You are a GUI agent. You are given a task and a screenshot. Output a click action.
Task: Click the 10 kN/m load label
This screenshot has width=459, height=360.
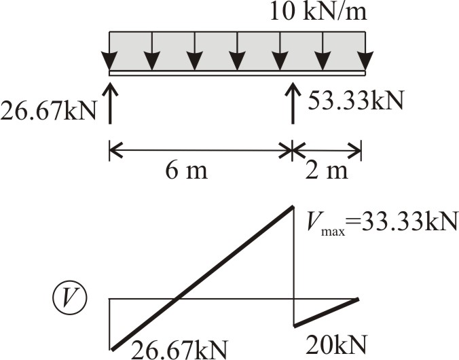pos(318,12)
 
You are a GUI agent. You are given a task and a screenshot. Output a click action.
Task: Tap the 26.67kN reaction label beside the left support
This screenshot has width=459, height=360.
pos(48,111)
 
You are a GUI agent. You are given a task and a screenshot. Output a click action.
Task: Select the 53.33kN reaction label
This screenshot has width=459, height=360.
pos(356,100)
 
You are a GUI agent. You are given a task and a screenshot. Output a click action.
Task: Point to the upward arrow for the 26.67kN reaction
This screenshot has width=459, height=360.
pos(110,103)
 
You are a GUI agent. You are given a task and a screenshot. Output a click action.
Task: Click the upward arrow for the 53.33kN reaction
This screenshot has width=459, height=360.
pos(293,103)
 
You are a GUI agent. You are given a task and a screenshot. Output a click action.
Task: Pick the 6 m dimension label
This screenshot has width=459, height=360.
pos(187,170)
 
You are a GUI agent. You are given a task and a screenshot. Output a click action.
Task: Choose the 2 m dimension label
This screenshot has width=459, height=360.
pos(327,170)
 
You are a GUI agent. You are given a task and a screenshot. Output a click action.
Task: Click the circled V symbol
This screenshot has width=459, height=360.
pos(70,298)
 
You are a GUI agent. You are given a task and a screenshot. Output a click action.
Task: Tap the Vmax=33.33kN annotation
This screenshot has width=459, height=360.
pos(381,222)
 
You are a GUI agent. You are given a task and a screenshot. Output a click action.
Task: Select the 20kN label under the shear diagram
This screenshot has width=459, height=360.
pos(336,344)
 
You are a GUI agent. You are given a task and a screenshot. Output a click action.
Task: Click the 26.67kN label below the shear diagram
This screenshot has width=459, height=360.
pos(179,350)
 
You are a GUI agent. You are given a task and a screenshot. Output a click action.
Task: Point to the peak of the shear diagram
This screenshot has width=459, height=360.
pos(293,206)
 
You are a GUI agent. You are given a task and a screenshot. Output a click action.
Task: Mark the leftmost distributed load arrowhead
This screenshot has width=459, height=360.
pos(110,60)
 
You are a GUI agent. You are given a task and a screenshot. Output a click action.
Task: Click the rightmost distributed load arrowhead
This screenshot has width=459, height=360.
pos(365,60)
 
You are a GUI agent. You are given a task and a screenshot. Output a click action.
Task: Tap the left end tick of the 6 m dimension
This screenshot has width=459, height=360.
pos(109,151)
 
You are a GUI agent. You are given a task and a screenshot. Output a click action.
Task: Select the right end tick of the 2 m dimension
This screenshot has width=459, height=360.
pos(361,151)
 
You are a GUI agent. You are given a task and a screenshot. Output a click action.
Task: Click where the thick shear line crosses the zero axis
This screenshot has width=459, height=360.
pos(177,299)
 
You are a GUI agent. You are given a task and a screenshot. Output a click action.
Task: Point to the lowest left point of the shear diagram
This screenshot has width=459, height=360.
pos(111,349)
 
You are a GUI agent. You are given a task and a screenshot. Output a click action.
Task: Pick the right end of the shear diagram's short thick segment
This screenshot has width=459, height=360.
pos(358,299)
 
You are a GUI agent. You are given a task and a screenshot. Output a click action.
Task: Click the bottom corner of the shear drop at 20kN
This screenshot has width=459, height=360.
pos(294,326)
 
